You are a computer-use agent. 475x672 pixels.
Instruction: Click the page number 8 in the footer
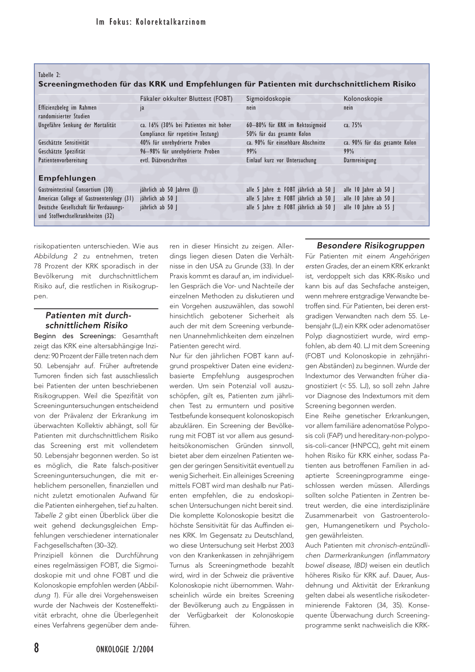(37, 648)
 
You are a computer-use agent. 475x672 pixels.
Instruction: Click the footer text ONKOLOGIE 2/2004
(125, 649)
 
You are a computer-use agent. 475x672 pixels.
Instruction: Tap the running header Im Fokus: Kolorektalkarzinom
(151, 22)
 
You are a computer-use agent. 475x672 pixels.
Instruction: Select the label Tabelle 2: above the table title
(49, 75)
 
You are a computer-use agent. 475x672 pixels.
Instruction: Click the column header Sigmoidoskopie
(268, 99)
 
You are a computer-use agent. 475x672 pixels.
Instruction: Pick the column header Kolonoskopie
(363, 99)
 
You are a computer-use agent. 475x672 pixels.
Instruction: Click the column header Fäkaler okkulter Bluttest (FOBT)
(186, 99)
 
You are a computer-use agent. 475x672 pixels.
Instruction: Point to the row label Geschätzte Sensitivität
(64, 143)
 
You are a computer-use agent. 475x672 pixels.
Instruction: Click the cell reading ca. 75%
(353, 125)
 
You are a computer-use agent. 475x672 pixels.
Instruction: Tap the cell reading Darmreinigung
(360, 161)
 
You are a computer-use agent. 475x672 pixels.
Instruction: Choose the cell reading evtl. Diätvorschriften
(163, 161)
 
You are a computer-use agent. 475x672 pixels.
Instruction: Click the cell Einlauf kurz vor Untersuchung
(281, 161)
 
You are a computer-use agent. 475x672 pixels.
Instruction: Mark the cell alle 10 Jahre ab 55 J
(369, 207)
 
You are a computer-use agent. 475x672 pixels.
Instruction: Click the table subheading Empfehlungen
(67, 178)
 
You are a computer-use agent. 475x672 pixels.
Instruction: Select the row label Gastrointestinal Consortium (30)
(75, 190)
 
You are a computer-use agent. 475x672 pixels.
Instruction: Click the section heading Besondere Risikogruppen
(371, 246)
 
